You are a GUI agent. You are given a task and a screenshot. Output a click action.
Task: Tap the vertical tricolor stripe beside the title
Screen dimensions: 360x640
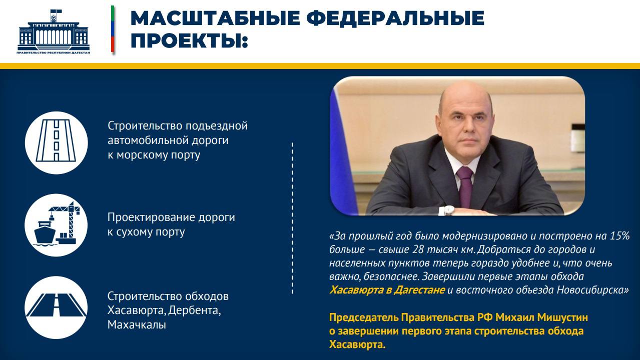coord(113,29)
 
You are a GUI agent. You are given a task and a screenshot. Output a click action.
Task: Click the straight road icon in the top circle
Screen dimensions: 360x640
coord(57,142)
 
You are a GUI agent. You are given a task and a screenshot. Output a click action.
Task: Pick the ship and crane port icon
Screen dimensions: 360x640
coord(57,225)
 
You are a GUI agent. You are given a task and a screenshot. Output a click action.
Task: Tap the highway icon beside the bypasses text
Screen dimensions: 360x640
coord(57,307)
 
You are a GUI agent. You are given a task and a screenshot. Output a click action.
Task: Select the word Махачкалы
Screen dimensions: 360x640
coord(137,325)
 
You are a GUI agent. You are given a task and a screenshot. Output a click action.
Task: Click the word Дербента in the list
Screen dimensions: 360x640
coord(194,310)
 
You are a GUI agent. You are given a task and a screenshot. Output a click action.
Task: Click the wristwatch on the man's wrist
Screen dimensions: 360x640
coord(449,210)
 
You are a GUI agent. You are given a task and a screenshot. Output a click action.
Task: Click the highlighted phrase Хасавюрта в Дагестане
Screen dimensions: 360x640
coord(387,289)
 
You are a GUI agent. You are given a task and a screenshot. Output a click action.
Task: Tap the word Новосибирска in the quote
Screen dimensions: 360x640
coord(591,289)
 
